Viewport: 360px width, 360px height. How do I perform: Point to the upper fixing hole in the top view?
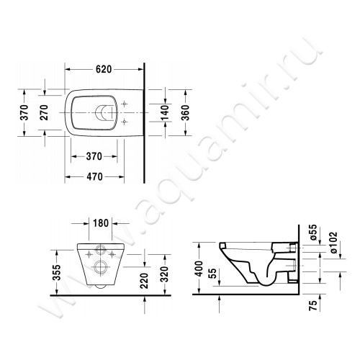(125, 103)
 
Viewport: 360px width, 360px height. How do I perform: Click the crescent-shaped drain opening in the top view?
(106, 112)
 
